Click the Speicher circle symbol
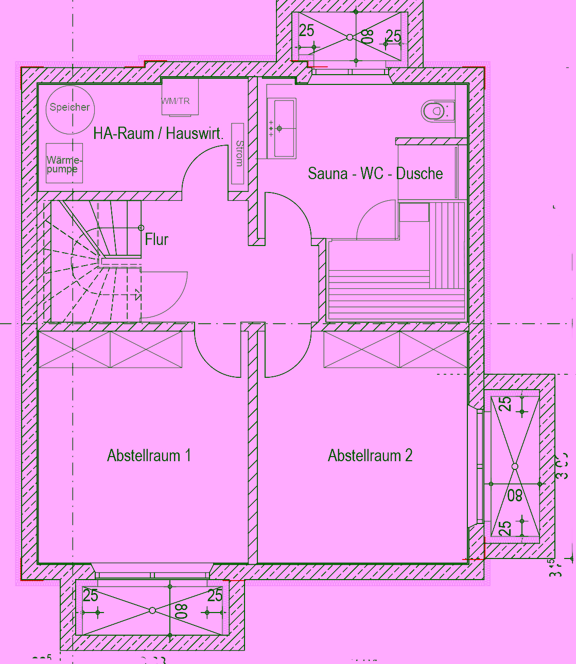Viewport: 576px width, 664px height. (x=69, y=108)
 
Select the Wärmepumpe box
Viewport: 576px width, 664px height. (x=64, y=164)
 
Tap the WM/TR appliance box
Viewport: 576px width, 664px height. (x=179, y=97)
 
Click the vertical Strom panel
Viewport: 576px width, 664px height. (x=237, y=153)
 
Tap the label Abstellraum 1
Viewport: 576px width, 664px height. (x=149, y=456)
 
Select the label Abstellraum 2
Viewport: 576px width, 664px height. (x=370, y=456)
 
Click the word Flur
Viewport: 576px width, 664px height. (x=156, y=239)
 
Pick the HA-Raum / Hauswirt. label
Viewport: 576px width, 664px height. (x=159, y=134)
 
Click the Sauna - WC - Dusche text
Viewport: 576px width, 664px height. (x=375, y=173)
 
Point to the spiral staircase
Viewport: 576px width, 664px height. (x=95, y=260)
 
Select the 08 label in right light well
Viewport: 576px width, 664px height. (x=515, y=495)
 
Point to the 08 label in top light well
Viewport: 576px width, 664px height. (x=367, y=37)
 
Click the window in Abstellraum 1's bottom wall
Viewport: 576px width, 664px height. (x=152, y=575)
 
